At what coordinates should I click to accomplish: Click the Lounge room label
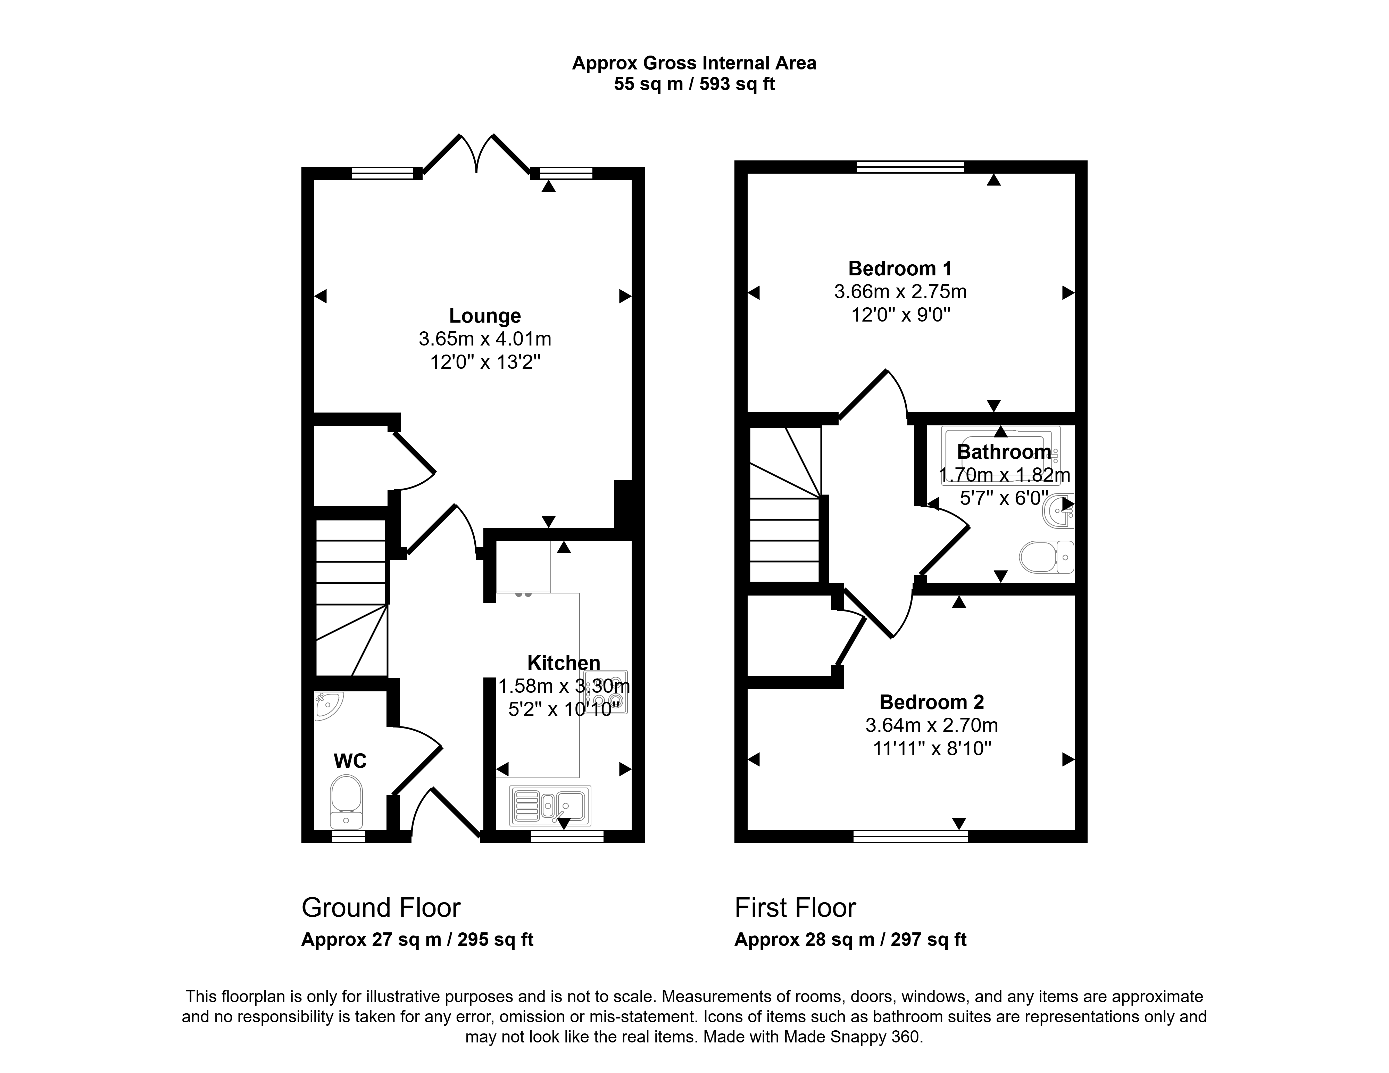[485, 316]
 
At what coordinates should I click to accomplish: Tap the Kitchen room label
[564, 663]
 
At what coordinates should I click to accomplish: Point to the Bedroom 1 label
[900, 268]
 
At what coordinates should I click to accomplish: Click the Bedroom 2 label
[932, 702]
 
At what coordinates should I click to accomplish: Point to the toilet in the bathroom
[1046, 557]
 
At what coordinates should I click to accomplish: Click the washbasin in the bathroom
[1059, 511]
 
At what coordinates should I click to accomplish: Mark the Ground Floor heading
[381, 908]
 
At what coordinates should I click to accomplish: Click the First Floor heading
[796, 908]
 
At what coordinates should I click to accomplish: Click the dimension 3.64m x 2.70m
[932, 725]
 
